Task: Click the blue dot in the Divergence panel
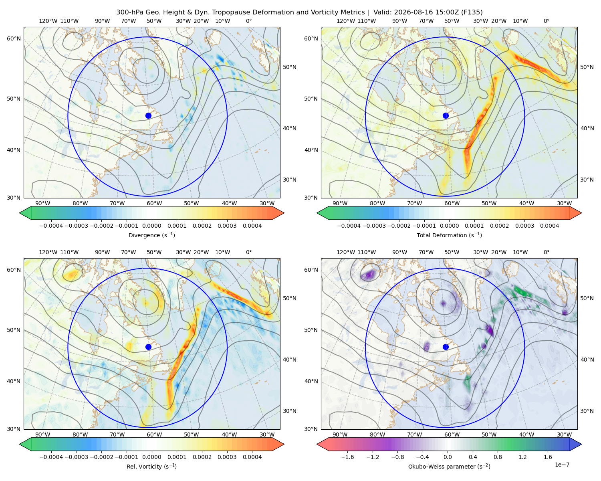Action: click(148, 116)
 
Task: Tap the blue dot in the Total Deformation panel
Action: click(446, 116)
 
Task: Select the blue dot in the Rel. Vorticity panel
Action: click(148, 347)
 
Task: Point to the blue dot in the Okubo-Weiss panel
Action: click(446, 347)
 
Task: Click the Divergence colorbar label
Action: click(151, 235)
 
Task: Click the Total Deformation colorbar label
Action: click(449, 235)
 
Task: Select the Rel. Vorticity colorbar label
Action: click(151, 467)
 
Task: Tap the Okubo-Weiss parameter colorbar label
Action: click(449, 467)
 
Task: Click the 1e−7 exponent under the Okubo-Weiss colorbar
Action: click(562, 465)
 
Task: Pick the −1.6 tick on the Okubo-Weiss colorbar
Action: click(347, 457)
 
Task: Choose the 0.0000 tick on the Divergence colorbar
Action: click(151, 226)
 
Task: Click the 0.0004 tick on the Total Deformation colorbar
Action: click(550, 226)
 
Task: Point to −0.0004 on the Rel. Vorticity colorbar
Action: click(51, 457)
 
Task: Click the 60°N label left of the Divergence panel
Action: click(14, 38)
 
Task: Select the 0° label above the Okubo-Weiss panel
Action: click(546, 252)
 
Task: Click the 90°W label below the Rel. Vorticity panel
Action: click(43, 435)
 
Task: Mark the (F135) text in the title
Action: click(472, 12)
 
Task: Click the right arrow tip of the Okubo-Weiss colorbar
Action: click(581, 444)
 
